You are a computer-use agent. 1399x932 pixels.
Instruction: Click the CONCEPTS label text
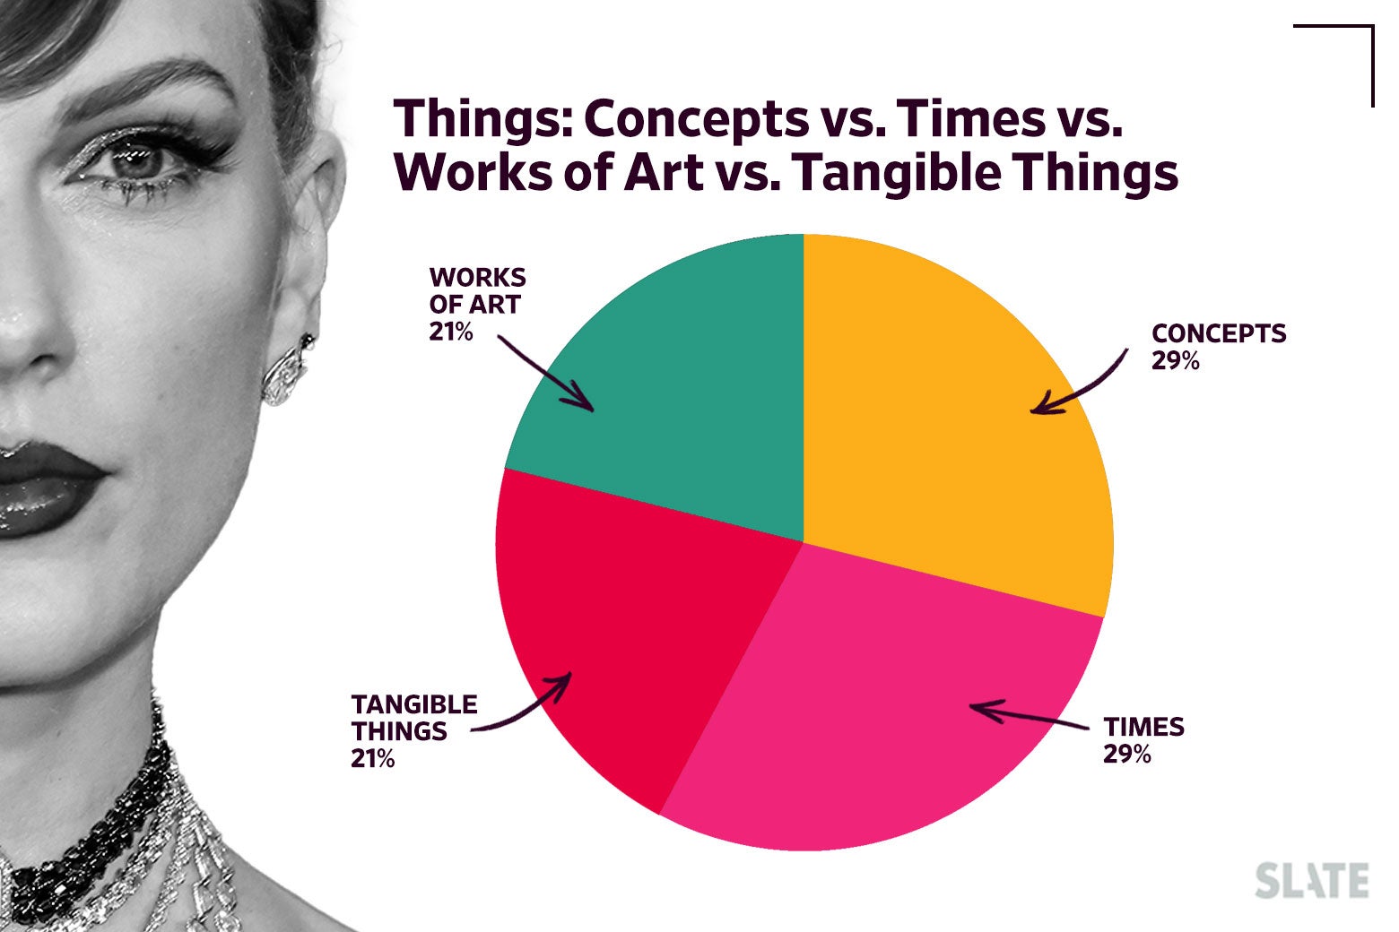tap(1218, 333)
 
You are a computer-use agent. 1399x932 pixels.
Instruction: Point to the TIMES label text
tap(1143, 726)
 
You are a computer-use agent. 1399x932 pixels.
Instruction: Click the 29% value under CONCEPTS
tap(1175, 361)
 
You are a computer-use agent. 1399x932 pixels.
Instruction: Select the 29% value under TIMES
tap(1126, 754)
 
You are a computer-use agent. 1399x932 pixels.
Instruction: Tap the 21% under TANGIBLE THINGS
tap(373, 759)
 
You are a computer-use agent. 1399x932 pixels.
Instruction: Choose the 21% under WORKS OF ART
tap(451, 332)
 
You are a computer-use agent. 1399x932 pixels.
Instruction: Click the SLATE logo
tap(1311, 880)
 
